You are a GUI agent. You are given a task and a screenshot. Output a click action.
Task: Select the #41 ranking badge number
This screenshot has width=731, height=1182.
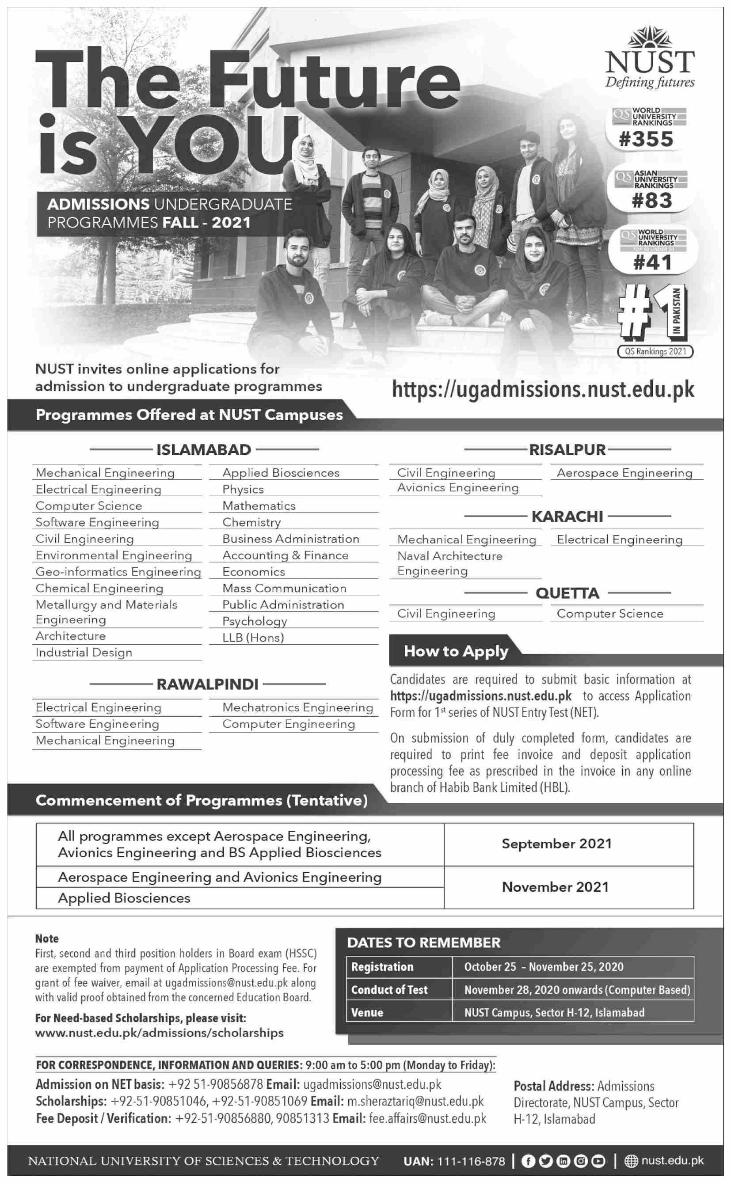point(652,263)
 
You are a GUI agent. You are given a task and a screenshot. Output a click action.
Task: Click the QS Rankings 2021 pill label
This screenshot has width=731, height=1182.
point(655,351)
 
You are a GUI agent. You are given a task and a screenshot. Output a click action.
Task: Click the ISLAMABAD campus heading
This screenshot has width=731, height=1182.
point(204,450)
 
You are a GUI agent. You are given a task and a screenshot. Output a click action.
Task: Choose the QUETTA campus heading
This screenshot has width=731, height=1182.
point(567,593)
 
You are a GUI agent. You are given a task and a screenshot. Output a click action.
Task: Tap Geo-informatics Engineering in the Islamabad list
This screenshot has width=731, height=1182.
point(118,572)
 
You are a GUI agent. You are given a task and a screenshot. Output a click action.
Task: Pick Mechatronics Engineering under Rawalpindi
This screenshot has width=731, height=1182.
point(297,707)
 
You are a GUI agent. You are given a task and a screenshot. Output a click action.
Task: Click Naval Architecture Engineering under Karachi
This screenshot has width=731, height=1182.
point(449,563)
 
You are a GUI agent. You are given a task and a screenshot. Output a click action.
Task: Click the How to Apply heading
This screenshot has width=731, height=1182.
point(456,651)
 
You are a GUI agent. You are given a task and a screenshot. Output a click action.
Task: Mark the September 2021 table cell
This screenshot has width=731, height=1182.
point(556,844)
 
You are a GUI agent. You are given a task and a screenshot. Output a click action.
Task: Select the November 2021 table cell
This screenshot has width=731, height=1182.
point(555,887)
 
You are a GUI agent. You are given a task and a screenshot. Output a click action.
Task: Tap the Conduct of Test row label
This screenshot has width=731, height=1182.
point(389,990)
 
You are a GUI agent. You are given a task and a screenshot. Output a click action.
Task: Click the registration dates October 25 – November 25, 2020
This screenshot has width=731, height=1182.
point(544,966)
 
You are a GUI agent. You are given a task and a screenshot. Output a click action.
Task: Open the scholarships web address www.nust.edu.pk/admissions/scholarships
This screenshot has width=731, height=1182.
point(159,1033)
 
